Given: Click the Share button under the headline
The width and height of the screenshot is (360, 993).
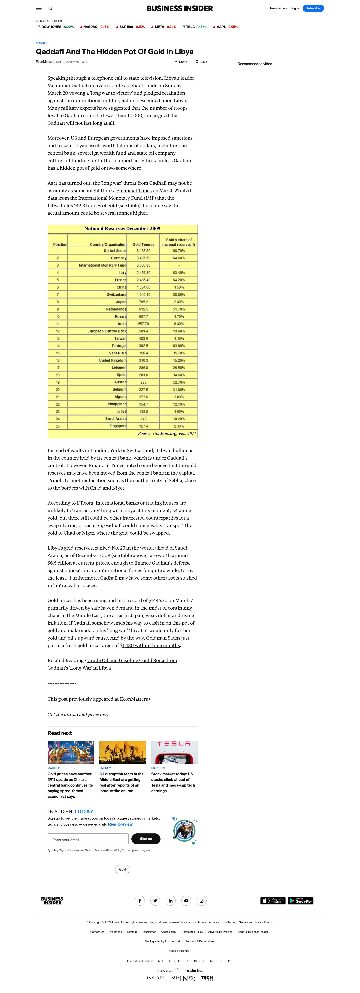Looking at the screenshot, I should (x=181, y=62).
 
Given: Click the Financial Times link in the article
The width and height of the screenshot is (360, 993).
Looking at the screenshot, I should (x=134, y=190).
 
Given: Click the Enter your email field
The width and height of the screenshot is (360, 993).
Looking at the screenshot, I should (x=88, y=839).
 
